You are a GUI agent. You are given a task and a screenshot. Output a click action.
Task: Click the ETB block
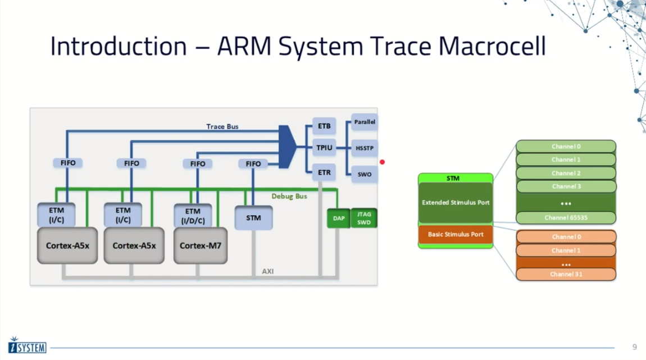click(324, 126)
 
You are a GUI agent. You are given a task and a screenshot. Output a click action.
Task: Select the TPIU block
click(324, 148)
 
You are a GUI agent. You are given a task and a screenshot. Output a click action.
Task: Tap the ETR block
click(324, 172)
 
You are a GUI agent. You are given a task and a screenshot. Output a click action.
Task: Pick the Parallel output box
click(365, 122)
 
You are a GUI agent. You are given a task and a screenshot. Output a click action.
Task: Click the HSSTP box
click(365, 149)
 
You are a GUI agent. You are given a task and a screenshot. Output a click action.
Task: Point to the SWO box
click(365, 174)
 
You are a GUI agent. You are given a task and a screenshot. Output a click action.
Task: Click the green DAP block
click(339, 218)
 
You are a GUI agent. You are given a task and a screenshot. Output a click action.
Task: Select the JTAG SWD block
click(364, 218)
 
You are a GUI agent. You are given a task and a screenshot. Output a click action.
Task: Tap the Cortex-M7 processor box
click(201, 245)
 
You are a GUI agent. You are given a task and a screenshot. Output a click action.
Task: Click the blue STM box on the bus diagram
click(253, 218)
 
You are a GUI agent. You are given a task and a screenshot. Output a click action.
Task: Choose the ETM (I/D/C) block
click(193, 216)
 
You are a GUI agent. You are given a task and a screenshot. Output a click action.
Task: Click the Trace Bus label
click(222, 126)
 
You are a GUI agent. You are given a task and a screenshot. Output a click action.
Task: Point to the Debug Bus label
click(289, 197)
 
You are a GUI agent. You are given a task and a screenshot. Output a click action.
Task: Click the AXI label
click(268, 271)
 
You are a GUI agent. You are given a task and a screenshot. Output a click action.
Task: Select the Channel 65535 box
click(566, 217)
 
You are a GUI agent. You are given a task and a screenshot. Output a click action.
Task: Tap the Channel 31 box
click(566, 274)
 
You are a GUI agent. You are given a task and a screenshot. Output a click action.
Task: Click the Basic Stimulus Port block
click(456, 234)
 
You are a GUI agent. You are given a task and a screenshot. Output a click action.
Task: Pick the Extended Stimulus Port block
click(456, 202)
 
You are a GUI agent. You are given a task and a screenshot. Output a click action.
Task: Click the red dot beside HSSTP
click(382, 162)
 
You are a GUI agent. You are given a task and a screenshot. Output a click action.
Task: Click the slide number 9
click(635, 347)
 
